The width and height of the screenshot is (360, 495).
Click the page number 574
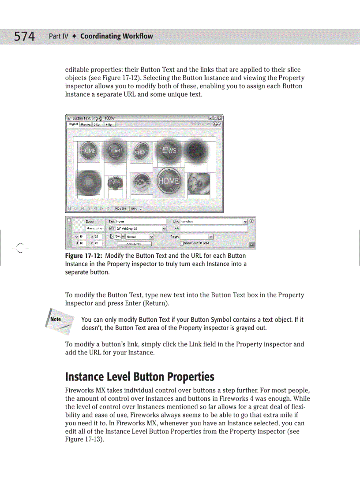tap(24, 36)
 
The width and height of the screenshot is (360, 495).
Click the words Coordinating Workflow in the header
tap(116, 36)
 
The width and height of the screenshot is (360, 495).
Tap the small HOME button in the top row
tap(88, 151)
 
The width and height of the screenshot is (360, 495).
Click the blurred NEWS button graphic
tap(167, 151)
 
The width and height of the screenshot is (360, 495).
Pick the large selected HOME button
tap(169, 181)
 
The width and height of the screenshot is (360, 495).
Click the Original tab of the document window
tap(73, 125)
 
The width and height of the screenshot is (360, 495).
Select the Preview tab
tap(86, 125)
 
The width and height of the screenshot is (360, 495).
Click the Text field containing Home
tap(141, 222)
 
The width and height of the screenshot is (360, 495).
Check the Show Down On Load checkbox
tap(182, 243)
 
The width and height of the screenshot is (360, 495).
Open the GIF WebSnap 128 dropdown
tap(164, 228)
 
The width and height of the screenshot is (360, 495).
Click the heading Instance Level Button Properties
tap(139, 377)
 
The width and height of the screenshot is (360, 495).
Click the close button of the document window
tap(220, 118)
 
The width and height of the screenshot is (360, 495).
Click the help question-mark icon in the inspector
tap(251, 221)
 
